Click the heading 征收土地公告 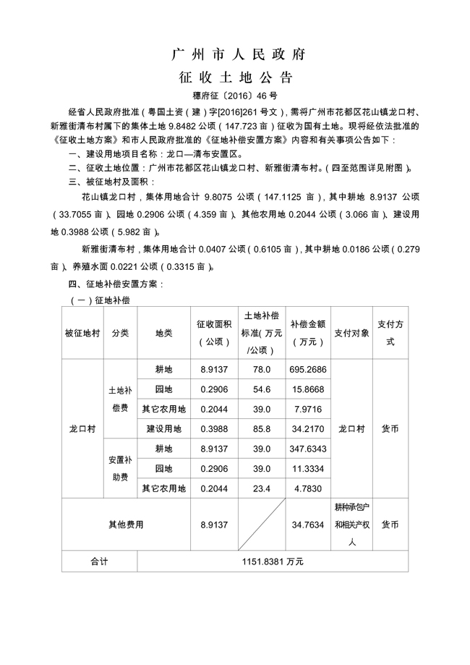tap(235, 77)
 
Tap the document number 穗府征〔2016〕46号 tap(235, 95)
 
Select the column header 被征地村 tap(82, 334)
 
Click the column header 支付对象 tap(351, 334)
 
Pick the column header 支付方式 tap(390, 334)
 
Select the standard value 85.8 tap(262, 429)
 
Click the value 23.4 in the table tap(262, 488)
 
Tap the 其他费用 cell tap(126, 525)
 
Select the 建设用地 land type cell tap(163, 429)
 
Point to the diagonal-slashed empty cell tap(262, 525)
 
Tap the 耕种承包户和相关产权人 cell tap(351, 525)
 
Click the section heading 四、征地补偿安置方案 tap(116, 284)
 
